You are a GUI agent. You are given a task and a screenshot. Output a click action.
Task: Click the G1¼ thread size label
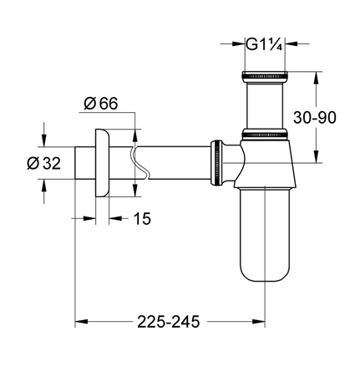(265, 47)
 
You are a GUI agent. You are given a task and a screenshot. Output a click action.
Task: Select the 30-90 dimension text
(334, 118)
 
